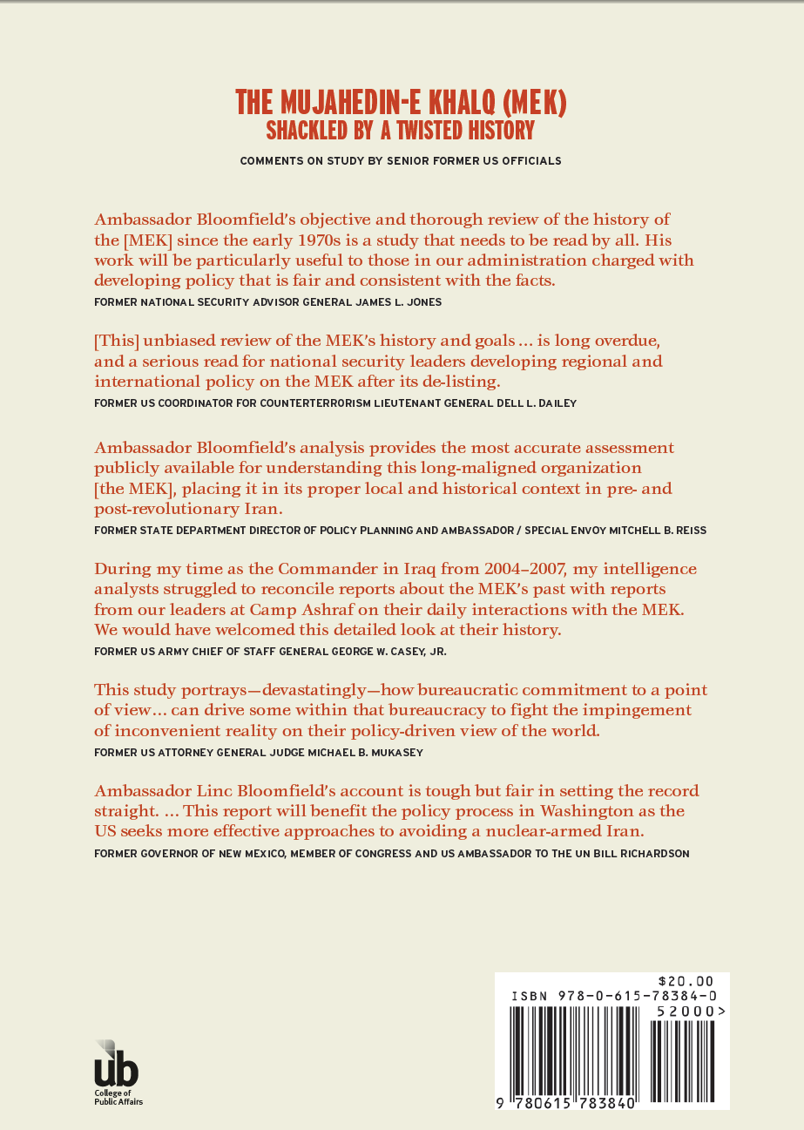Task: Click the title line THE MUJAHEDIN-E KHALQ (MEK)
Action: click(402, 103)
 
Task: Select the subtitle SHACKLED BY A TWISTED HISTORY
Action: click(402, 131)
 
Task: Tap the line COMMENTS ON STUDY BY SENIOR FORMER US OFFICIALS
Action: click(402, 161)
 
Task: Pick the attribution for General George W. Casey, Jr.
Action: click(274, 651)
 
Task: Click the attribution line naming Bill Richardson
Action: click(391, 854)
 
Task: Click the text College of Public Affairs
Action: click(118, 1097)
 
